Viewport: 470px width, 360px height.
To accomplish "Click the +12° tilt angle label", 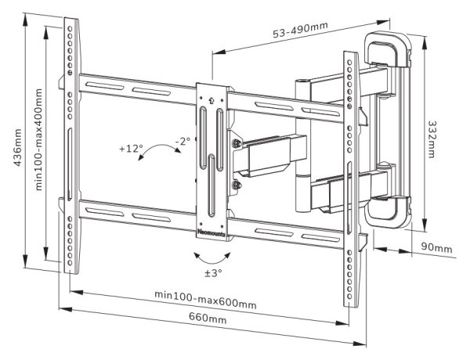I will [132, 148].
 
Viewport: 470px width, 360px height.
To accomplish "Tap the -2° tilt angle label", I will [183, 141].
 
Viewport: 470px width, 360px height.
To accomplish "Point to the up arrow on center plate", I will [211, 100].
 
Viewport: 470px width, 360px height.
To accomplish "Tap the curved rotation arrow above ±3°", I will [208, 256].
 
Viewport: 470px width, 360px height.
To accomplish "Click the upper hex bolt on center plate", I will [236, 143].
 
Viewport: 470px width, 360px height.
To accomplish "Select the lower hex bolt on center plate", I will [236, 186].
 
